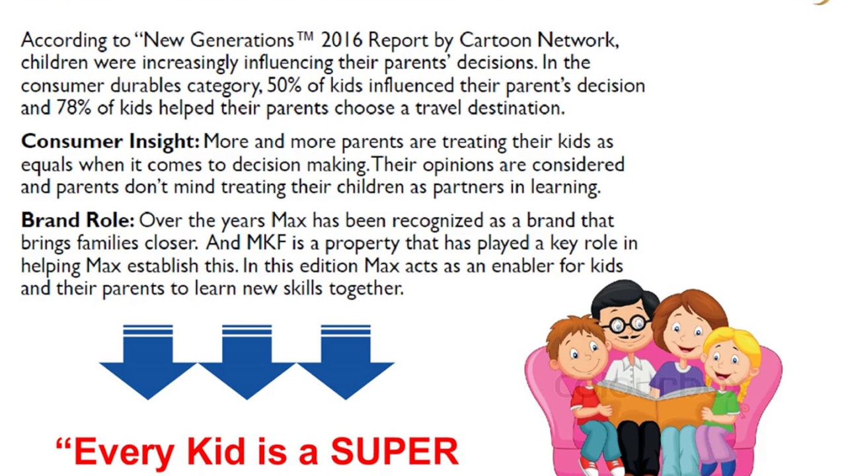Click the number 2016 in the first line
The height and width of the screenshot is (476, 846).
point(342,40)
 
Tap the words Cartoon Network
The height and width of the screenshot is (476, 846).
point(539,40)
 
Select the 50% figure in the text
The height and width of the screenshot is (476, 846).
point(284,85)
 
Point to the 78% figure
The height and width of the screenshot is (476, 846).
point(74,108)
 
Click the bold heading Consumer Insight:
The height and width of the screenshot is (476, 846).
point(110,142)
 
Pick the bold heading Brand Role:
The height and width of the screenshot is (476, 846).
point(78,220)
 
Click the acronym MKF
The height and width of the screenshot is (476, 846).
point(266,243)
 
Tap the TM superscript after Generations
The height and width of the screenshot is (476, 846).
point(305,36)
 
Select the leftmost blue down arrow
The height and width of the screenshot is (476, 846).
point(147,362)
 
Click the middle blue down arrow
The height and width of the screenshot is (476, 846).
point(247,362)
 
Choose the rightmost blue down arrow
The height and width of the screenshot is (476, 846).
point(346,362)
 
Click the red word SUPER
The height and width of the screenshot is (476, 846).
point(395,452)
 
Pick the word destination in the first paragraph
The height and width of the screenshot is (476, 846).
point(516,108)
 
